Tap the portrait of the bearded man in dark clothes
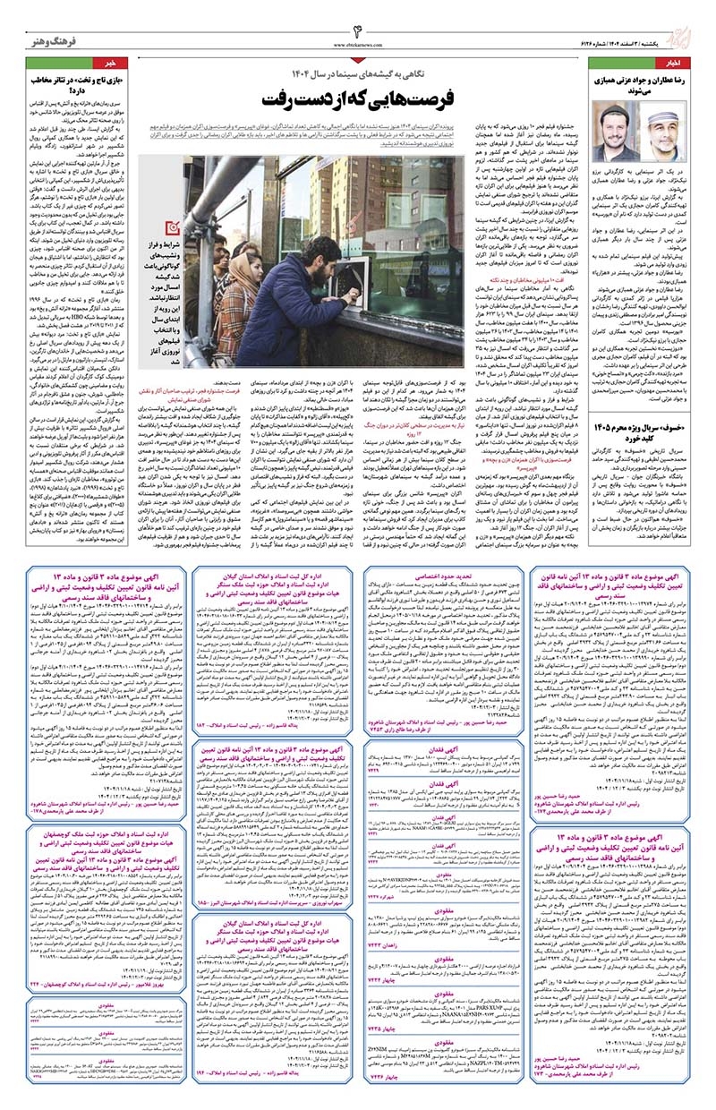617,132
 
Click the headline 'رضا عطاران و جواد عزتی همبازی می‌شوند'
640,87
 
